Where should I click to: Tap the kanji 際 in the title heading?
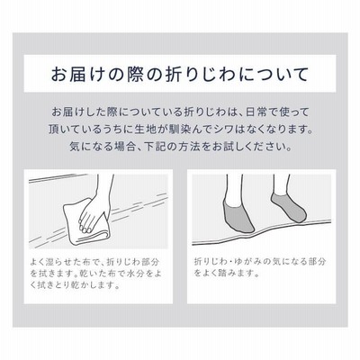(136, 74)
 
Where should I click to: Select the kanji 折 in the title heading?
(175, 74)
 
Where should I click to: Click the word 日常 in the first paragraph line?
(256, 112)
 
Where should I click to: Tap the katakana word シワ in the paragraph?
(225, 130)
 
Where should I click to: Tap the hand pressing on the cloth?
(91, 213)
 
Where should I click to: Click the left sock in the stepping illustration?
(238, 214)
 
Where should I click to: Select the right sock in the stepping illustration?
(289, 207)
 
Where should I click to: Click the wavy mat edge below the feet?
(262, 233)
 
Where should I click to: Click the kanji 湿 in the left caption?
(53, 262)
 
